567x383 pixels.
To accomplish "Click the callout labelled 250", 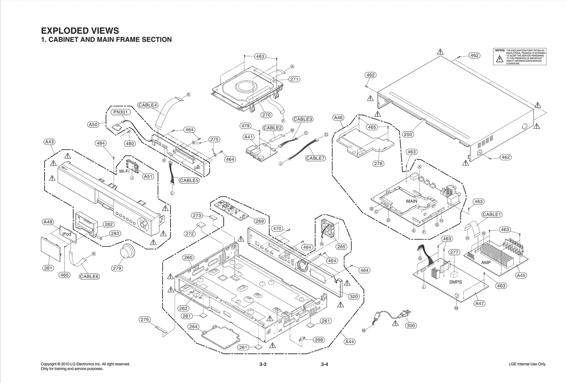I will point(408,134).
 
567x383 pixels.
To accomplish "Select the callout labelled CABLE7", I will point(315,158).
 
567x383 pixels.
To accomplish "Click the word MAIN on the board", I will point(411,201).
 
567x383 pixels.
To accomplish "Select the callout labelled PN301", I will point(121,112).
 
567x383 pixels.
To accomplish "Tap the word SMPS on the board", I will point(455,282).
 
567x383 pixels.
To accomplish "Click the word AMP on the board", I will point(486,262).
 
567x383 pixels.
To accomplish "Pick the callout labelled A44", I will point(349,342).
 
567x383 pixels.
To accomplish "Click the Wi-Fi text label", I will point(124,171).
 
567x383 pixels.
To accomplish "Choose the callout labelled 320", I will point(354,296).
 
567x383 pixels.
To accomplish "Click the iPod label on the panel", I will point(67,234).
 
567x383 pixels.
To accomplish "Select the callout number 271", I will point(294,79).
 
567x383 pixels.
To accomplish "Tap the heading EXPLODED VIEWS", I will point(80,31).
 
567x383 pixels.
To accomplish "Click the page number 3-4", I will point(325,364).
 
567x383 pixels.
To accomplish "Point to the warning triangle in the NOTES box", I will point(500,59).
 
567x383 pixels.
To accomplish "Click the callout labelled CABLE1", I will point(492,215).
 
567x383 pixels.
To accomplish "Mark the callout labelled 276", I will point(145,320).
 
